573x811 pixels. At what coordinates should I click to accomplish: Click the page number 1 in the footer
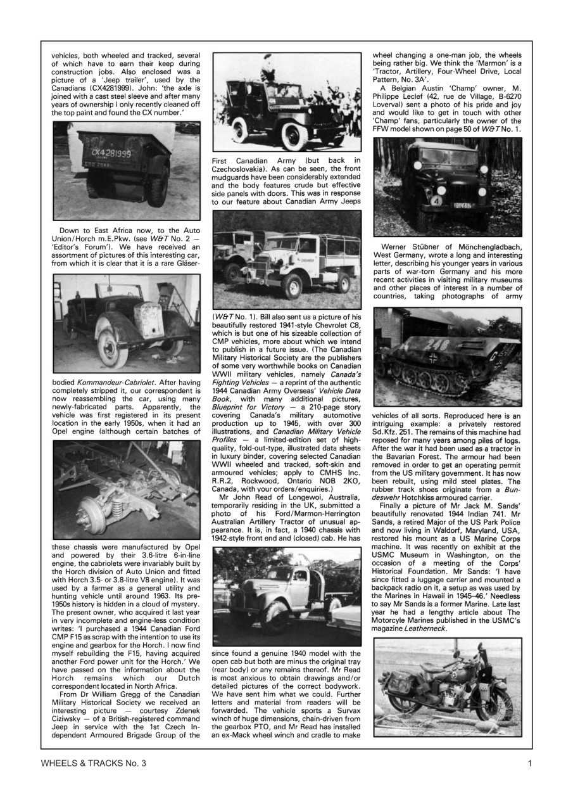tap(529, 763)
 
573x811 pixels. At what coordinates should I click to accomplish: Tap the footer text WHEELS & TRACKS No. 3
tap(93, 763)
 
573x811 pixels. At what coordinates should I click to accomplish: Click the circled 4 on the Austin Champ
tap(436, 201)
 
